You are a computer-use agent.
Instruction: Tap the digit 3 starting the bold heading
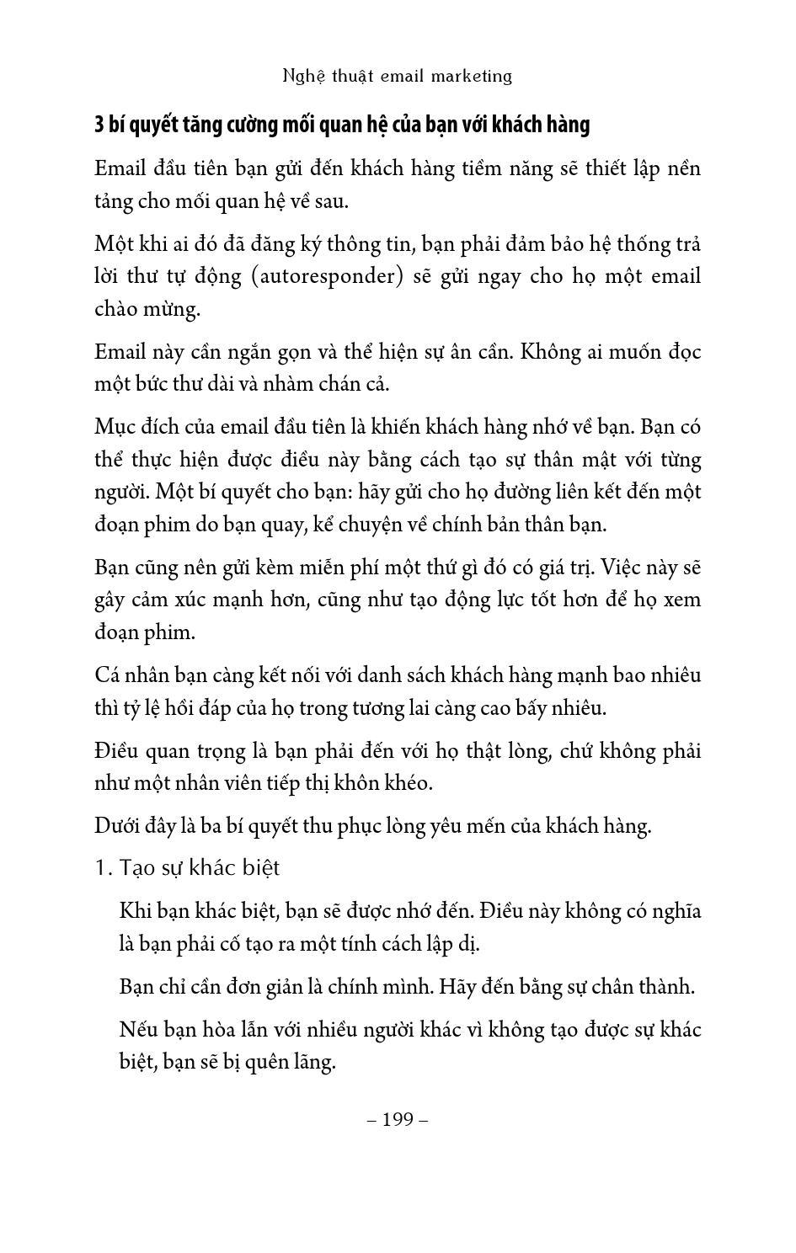pos(99,125)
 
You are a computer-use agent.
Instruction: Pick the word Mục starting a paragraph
pos(113,427)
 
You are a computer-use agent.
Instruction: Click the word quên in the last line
pos(265,1062)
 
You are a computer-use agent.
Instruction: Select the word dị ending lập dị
pos(469,944)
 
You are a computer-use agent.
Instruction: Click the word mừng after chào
pos(178,309)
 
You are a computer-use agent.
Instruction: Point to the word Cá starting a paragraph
pos(107,675)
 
